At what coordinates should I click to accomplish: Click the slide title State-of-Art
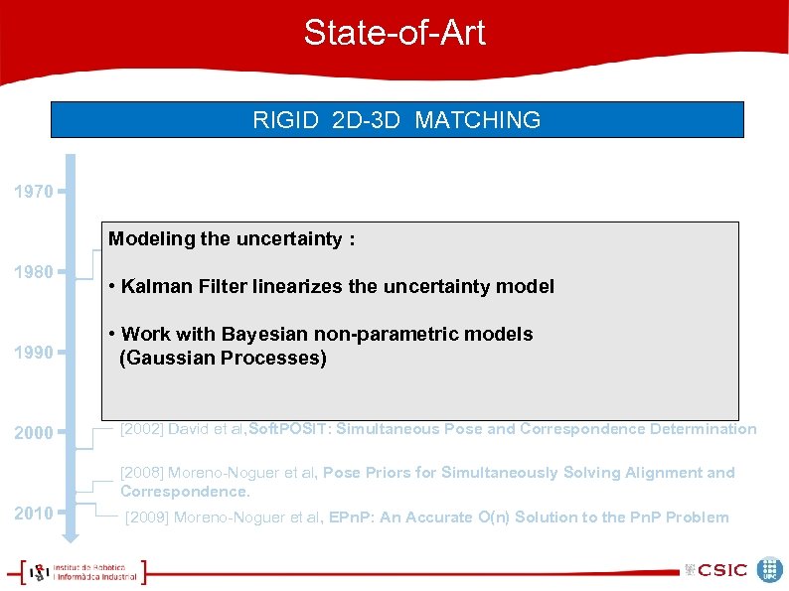click(394, 33)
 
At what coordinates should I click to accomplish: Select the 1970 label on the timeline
click(34, 192)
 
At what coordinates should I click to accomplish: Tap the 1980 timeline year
click(34, 271)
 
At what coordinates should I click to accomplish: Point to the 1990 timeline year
click(34, 352)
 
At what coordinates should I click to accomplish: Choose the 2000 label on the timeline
click(34, 433)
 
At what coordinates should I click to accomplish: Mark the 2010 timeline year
click(34, 513)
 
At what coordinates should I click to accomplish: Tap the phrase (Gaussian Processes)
click(223, 358)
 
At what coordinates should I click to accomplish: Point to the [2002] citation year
click(142, 429)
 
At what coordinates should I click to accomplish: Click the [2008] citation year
click(142, 473)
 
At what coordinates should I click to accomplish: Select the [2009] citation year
click(147, 517)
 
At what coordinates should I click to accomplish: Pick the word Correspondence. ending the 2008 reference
click(185, 492)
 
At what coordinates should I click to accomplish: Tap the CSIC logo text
click(721, 570)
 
